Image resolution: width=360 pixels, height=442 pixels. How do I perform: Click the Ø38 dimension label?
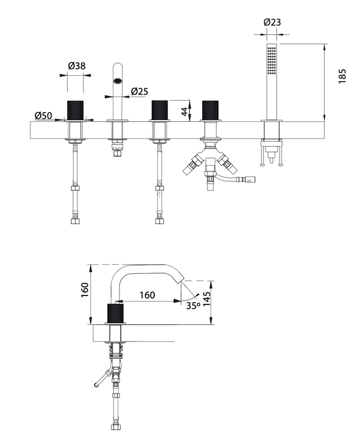tap(77, 65)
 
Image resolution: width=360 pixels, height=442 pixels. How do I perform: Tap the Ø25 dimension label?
tap(140, 91)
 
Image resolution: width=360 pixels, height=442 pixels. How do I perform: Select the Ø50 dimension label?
tap(43, 115)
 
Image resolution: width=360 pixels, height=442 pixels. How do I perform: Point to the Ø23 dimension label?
tap(272, 22)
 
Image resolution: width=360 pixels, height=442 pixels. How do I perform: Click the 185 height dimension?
tap(342, 76)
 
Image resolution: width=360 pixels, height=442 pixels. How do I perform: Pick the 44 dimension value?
tap(185, 110)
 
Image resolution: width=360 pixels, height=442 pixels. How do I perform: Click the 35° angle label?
tap(193, 305)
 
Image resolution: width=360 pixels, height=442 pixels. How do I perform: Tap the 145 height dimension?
tap(206, 299)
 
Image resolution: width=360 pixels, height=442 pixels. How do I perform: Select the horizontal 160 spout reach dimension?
tap(148, 295)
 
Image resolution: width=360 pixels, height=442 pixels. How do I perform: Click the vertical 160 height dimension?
tap(85, 289)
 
